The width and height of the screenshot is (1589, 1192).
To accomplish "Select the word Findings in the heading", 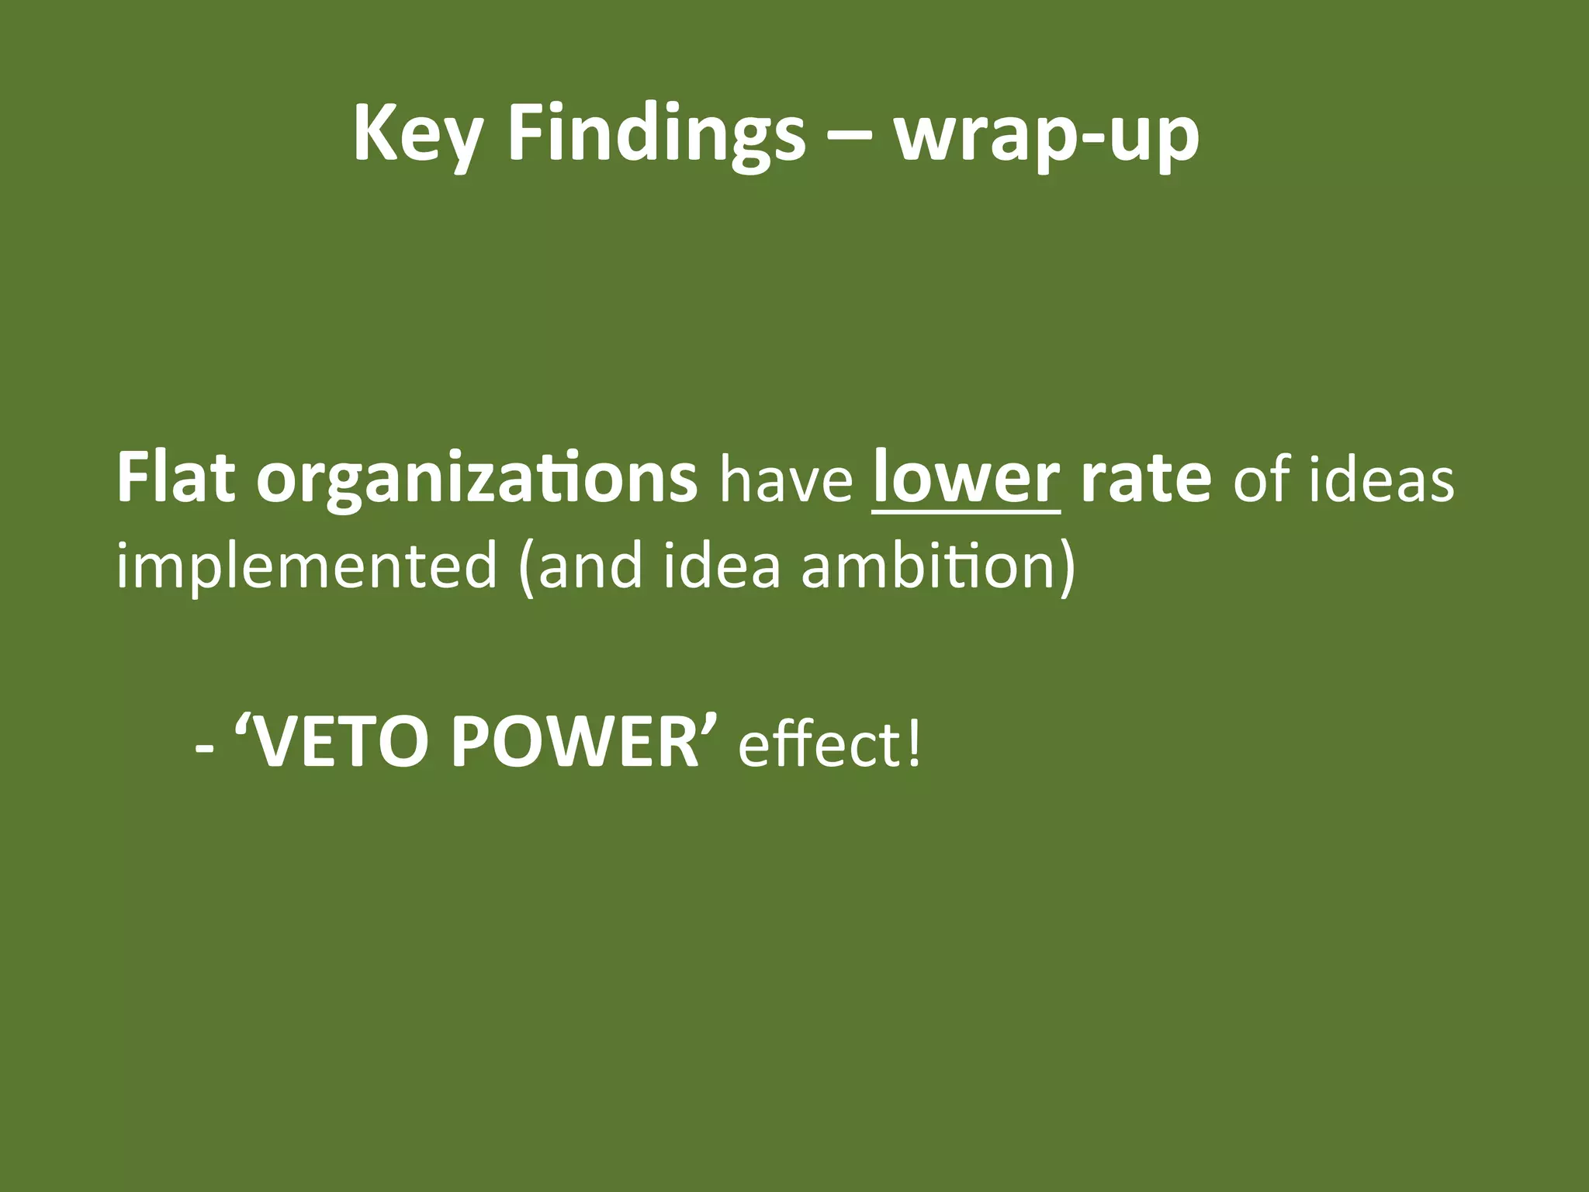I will [656, 133].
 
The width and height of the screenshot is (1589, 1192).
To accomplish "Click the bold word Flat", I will [175, 477].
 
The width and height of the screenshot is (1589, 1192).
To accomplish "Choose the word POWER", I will [574, 743].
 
